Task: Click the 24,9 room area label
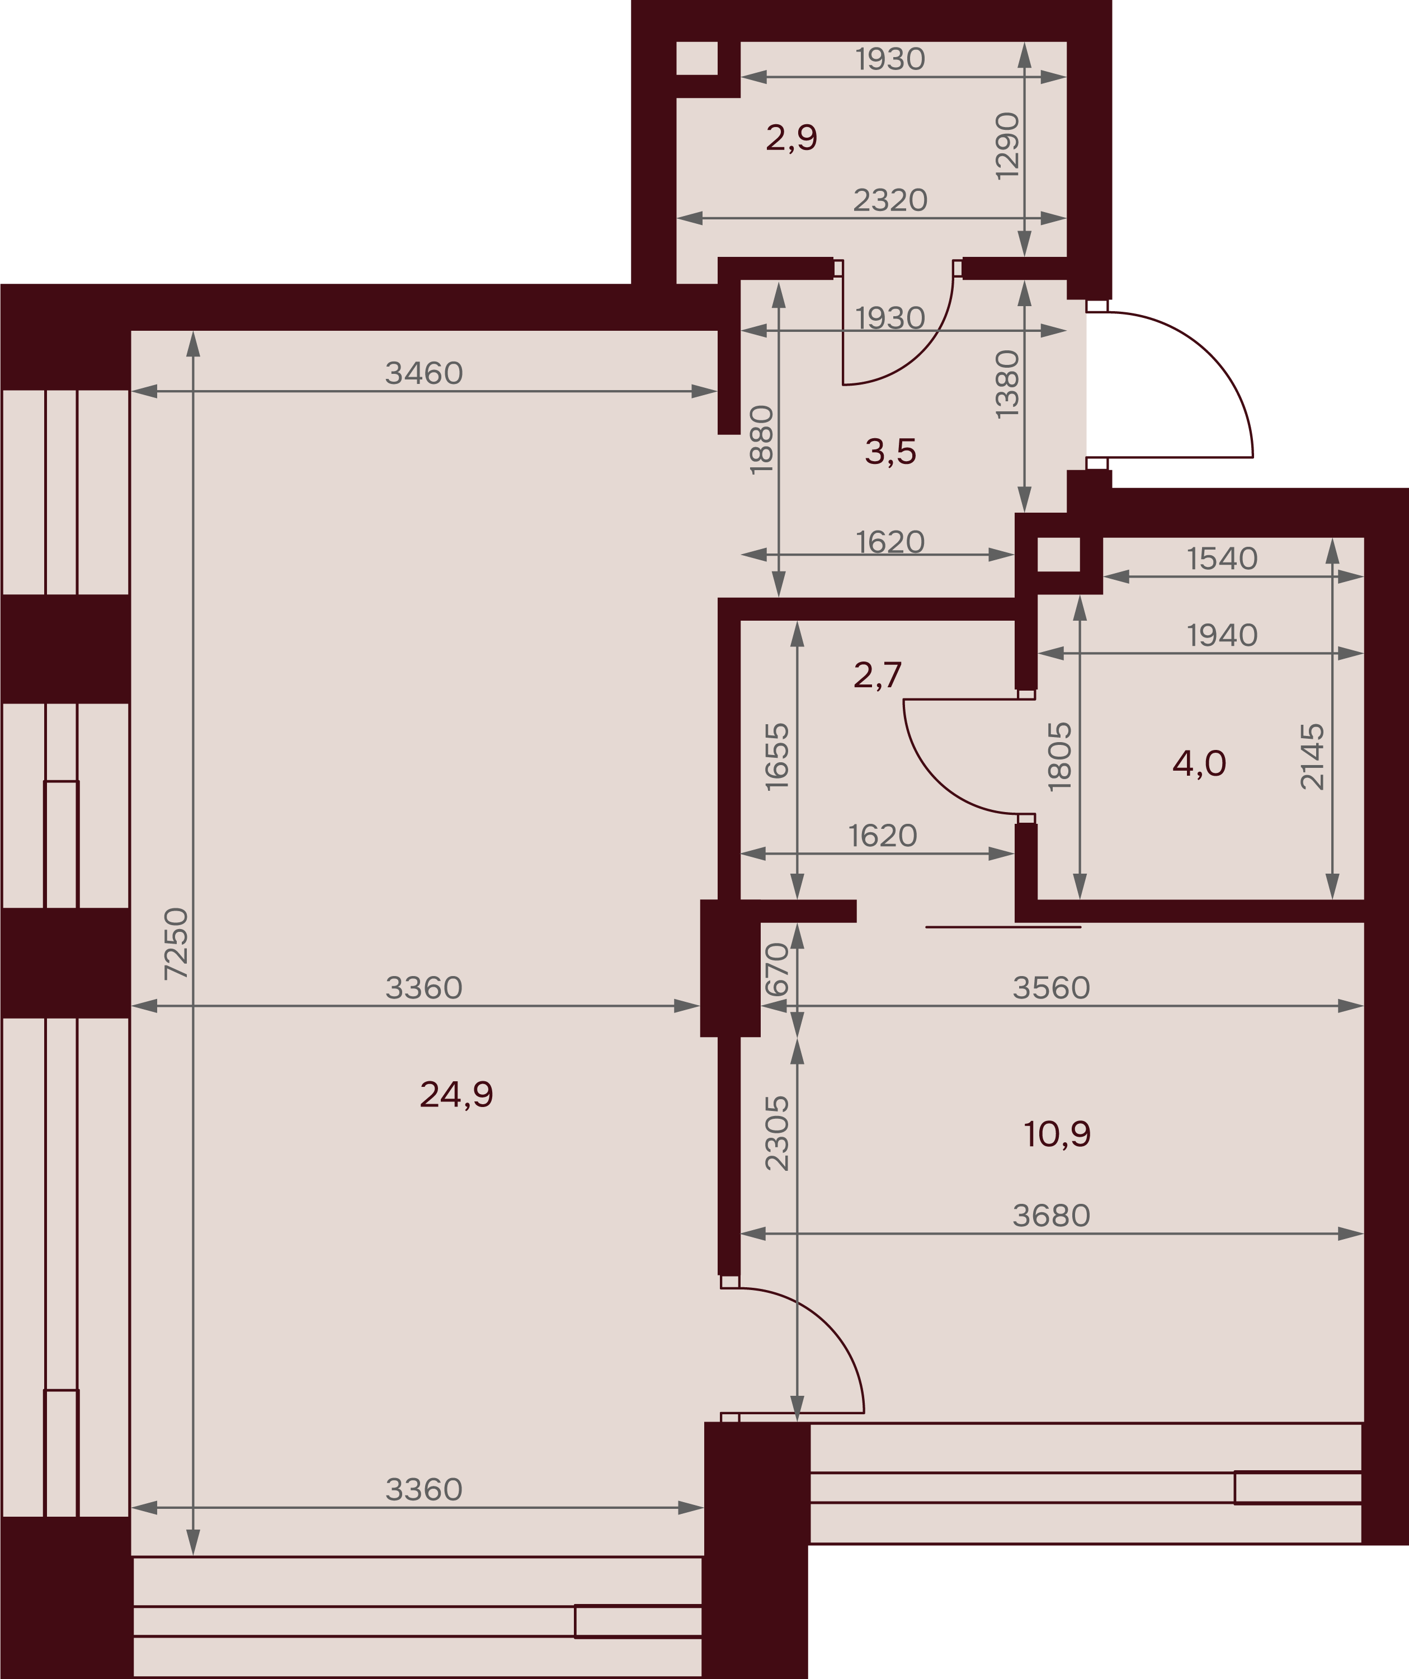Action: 456,1095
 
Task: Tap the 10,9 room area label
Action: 1057,1134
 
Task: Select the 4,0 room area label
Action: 1199,763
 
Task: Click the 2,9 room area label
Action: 791,138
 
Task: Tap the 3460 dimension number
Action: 423,373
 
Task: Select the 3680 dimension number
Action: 1051,1215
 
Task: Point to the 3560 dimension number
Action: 1051,988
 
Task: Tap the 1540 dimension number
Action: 1222,559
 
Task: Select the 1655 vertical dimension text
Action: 777,757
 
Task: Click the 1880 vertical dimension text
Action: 762,440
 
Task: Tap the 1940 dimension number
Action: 1222,636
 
